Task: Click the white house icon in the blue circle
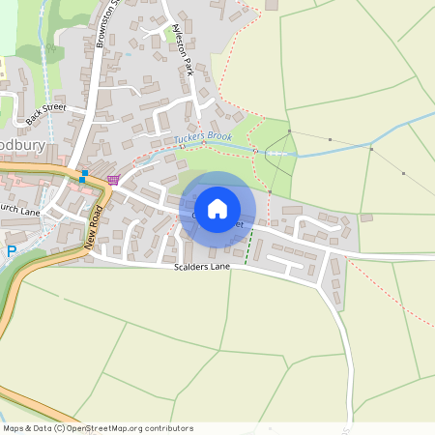tap(217, 209)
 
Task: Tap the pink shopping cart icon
tap(114, 180)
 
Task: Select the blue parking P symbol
tap(12, 251)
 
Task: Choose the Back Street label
tap(46, 113)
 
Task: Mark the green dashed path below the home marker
tap(247, 247)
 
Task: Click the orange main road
tap(39, 176)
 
